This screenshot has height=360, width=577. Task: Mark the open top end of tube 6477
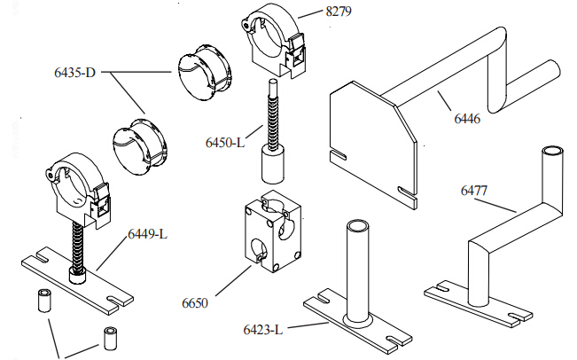click(x=554, y=152)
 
